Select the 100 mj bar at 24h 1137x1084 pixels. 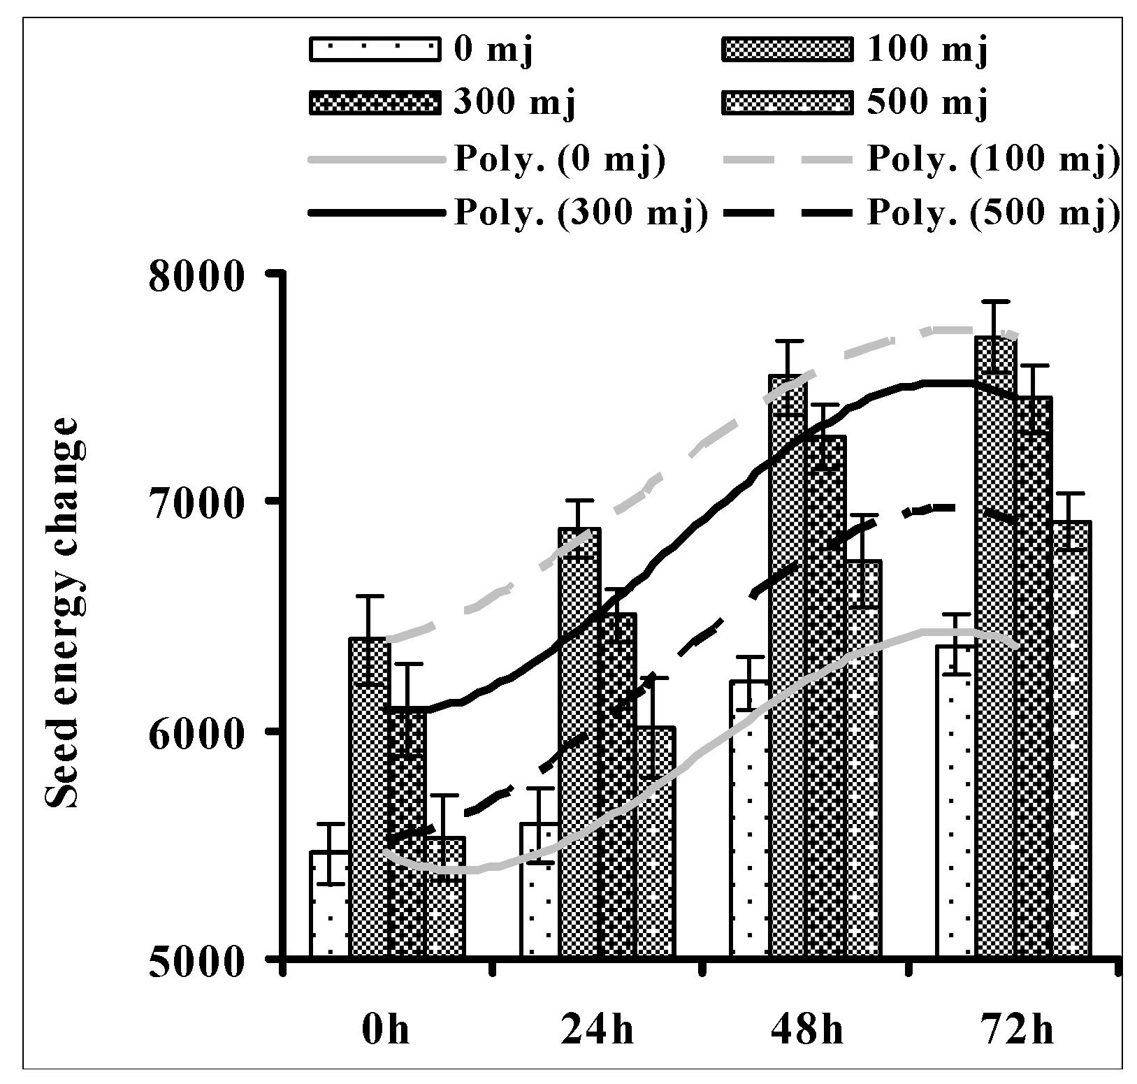pos(579,741)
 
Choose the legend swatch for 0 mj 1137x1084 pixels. pos(375,52)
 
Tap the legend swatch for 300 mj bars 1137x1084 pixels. pos(375,103)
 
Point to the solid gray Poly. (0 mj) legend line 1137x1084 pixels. pos(375,160)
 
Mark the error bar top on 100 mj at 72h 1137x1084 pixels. pos(995,301)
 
